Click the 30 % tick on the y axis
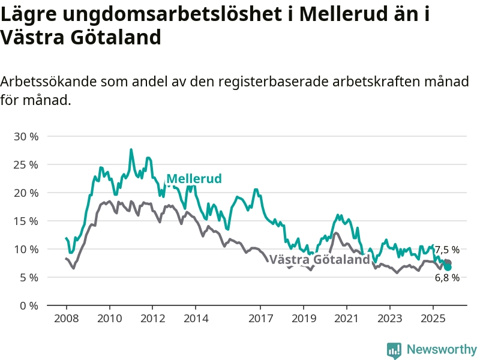click(26, 136)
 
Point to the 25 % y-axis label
click(26, 164)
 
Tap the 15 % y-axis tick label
click(26, 221)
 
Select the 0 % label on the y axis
click(29, 305)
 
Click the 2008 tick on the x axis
click(66, 318)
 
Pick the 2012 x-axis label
click(152, 318)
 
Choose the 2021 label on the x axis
click(347, 318)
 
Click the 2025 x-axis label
click(433, 318)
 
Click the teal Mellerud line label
click(194, 178)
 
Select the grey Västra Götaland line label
click(320, 260)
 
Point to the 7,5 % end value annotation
click(447, 250)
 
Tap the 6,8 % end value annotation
click(447, 277)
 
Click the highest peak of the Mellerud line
click(131, 150)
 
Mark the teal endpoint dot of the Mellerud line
click(448, 267)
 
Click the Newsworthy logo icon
click(394, 349)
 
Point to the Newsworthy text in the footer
click(442, 349)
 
